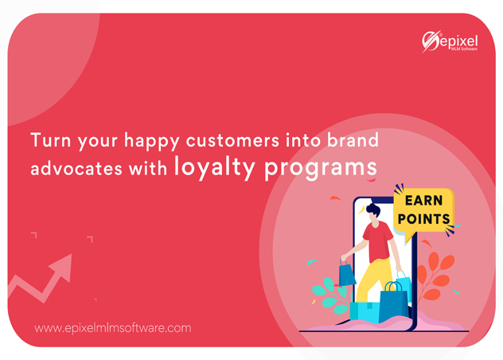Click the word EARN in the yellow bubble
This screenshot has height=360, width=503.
coord(423,201)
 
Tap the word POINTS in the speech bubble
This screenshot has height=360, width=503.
coord(423,219)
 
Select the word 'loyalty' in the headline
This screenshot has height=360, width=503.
coord(214,167)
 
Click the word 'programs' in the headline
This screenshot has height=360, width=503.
coord(321,169)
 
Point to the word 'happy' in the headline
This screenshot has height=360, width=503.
coord(152,142)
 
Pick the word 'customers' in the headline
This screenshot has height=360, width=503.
coord(232,141)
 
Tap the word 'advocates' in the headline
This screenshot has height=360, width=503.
coord(76,168)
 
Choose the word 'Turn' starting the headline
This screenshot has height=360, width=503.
coord(50,140)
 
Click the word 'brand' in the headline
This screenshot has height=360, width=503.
coord(353,140)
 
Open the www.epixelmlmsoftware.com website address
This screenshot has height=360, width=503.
coord(112,328)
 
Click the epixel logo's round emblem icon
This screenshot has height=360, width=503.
coord(431,41)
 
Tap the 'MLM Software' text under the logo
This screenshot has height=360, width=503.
coord(464,49)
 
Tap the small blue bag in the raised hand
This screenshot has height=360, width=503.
coord(347,275)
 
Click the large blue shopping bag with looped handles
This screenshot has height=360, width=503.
coord(393,303)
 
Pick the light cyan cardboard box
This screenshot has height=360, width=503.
coord(365,311)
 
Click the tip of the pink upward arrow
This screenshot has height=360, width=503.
coord(71,254)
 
